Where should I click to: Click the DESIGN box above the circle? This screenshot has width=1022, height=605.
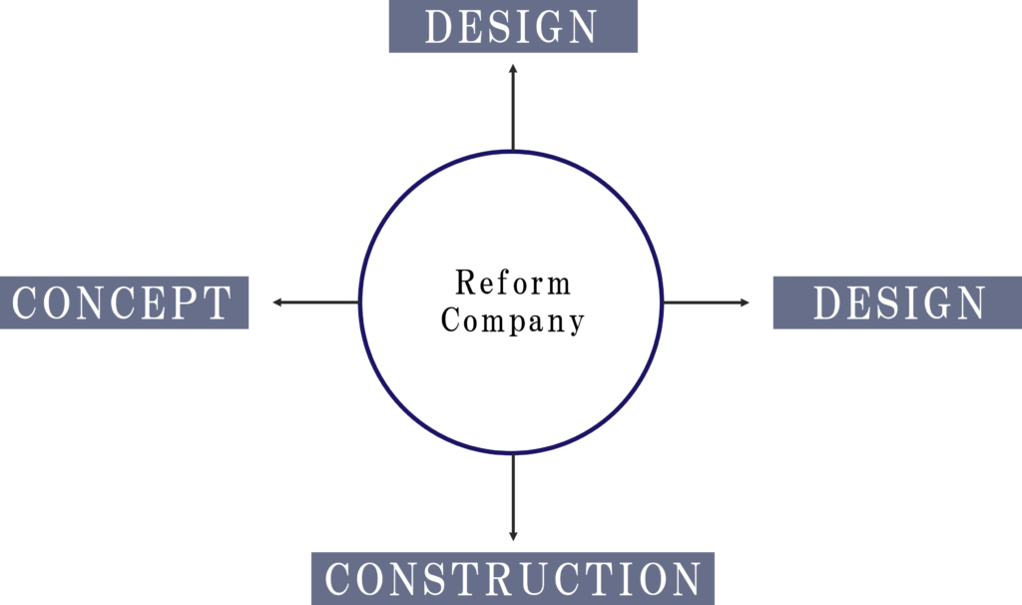pos(512,27)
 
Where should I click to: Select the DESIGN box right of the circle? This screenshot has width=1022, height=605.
pos(897,302)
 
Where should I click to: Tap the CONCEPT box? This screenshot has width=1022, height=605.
pos(124,302)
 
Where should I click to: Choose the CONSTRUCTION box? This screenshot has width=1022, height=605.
pos(513,579)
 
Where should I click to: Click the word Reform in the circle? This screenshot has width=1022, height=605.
pos(513,283)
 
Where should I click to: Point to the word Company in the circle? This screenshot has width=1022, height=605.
pos(513,321)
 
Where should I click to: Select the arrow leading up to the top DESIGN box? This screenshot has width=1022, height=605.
pos(513,105)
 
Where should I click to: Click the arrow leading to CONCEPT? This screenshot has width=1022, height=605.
pos(314,302)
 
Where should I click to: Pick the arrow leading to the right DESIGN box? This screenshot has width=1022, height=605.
pos(707,302)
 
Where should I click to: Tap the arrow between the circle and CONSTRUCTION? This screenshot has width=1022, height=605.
pos(513,499)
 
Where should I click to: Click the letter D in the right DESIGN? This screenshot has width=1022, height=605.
pos(827,302)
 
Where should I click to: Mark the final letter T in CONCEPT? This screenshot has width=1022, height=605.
pos(219,302)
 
